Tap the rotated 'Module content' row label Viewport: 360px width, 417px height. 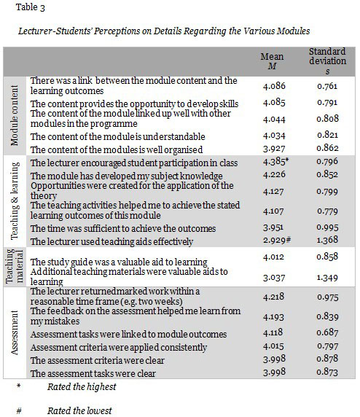tap(15, 115)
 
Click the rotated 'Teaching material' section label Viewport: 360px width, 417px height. tap(15, 268)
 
